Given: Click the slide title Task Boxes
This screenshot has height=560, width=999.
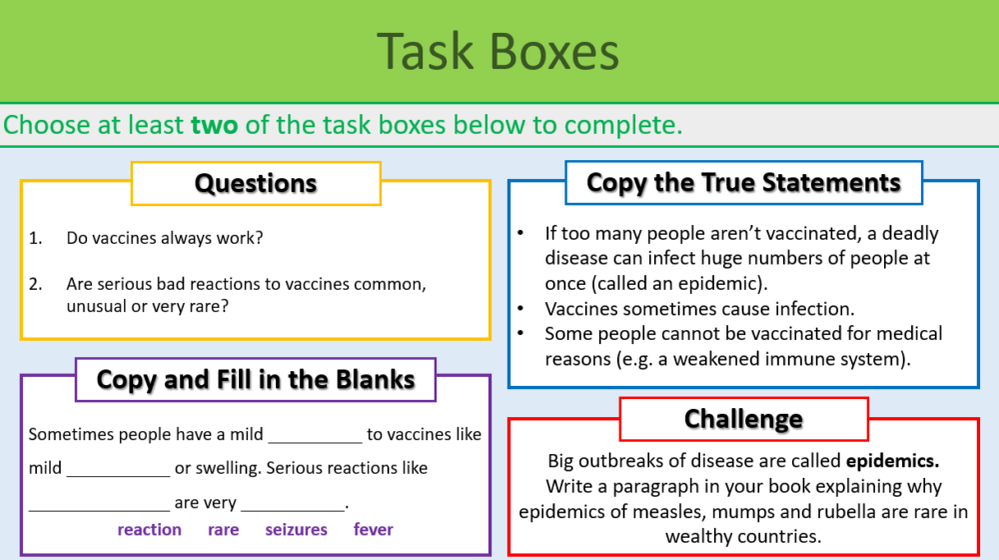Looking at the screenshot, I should (x=499, y=52).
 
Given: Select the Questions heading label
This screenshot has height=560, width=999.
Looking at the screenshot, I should (x=256, y=184).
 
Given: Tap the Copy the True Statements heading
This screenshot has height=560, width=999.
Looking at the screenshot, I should (x=743, y=183).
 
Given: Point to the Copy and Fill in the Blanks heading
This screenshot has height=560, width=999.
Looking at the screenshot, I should (x=256, y=380).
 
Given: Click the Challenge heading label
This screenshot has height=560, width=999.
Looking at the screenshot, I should (x=743, y=419).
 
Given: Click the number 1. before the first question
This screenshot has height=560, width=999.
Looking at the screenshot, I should (x=36, y=238).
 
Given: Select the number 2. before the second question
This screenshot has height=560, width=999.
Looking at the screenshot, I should (x=36, y=284).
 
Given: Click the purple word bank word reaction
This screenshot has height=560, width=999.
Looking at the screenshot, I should (x=150, y=530).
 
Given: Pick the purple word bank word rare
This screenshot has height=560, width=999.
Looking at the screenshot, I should (x=224, y=530).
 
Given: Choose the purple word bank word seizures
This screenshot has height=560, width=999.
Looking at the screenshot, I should (x=296, y=530).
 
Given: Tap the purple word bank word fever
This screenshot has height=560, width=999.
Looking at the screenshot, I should (x=374, y=530).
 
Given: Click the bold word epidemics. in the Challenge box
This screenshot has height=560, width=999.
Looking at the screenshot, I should (x=893, y=462).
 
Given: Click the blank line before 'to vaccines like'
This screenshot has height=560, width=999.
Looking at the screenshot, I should (x=315, y=440).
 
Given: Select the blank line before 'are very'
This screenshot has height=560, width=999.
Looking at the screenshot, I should (x=99, y=508).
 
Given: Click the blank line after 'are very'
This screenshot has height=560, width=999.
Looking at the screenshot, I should (x=292, y=508).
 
